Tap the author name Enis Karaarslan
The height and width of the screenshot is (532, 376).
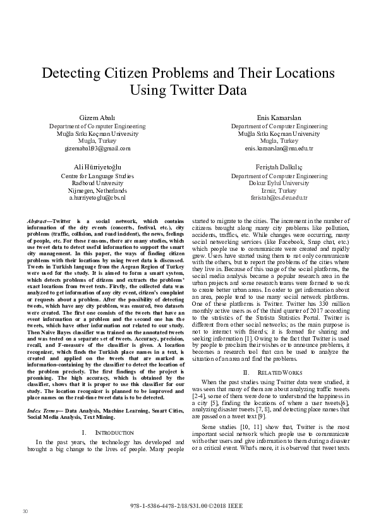[x=279, y=119]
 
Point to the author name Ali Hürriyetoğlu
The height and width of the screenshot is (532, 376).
[x=97, y=167]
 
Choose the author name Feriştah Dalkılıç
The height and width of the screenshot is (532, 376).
[x=279, y=167]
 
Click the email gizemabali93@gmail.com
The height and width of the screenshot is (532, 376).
[x=97, y=148]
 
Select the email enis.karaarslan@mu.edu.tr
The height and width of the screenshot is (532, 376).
[x=279, y=148]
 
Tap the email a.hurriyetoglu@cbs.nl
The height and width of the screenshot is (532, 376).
[x=97, y=198]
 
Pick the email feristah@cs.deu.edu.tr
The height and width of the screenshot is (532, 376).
[x=279, y=198]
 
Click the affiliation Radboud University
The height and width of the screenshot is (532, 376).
[x=97, y=183]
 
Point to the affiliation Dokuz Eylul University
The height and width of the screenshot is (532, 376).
[x=279, y=183]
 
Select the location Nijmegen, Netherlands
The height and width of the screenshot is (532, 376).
[x=97, y=190]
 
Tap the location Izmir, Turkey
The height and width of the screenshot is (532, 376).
[x=279, y=190]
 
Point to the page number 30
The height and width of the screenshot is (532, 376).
[x=26, y=511]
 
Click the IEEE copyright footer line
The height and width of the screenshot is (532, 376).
[x=188, y=506]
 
